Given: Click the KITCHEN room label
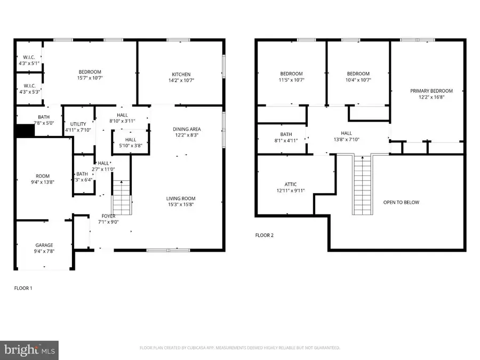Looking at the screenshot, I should click(181, 74).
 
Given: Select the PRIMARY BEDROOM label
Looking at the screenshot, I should click(431, 91).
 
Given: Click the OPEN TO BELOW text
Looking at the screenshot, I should click(401, 202).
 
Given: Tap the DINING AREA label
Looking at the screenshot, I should click(187, 129).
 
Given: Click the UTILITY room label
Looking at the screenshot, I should click(78, 124).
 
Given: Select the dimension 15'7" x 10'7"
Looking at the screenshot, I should click(90, 78).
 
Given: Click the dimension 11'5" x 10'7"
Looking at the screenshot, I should click(292, 80).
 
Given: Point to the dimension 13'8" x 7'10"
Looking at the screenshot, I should click(347, 139).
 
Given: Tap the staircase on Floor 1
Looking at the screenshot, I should click(121, 197).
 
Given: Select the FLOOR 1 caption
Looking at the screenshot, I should click(23, 288).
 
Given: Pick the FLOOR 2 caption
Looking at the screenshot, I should click(264, 235).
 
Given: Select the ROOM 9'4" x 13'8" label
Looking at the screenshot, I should click(42, 179).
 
